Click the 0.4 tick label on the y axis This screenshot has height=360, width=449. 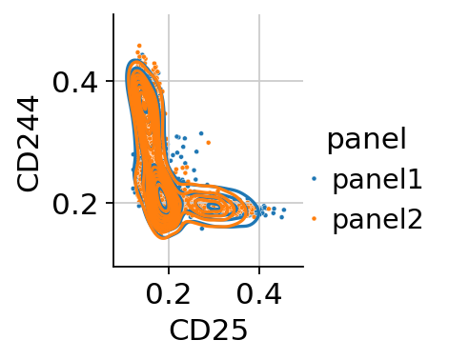click(x=75, y=84)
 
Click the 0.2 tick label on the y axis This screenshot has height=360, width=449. click(x=75, y=205)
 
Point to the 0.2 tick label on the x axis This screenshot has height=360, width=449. click(x=169, y=293)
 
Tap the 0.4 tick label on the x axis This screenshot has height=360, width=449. click(x=259, y=293)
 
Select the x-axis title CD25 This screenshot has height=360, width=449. click(x=209, y=330)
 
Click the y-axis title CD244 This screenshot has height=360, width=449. click(x=28, y=145)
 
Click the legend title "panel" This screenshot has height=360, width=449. click(x=367, y=140)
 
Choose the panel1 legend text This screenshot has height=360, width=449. click(x=378, y=179)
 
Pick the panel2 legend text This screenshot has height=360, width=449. click(x=378, y=219)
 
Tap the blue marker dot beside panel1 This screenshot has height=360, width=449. click(x=315, y=179)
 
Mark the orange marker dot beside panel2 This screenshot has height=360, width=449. click(x=315, y=218)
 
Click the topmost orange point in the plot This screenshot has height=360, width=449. click(x=139, y=46)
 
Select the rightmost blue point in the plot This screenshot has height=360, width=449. click(x=284, y=210)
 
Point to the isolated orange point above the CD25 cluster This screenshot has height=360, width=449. click(x=209, y=143)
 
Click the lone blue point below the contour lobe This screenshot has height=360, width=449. click(x=202, y=229)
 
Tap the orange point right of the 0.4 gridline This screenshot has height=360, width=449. click(x=269, y=209)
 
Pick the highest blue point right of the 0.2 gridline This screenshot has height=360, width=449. click(x=201, y=133)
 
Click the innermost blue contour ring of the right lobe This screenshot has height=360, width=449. click(x=214, y=207)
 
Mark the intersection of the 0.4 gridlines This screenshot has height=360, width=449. click(x=259, y=81)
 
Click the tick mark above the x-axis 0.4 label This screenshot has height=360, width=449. click(x=259, y=270)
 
